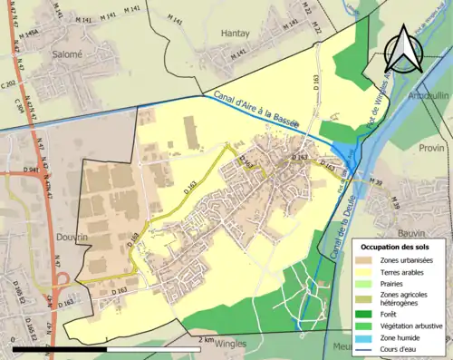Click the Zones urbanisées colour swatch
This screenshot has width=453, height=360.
(371, 261)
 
